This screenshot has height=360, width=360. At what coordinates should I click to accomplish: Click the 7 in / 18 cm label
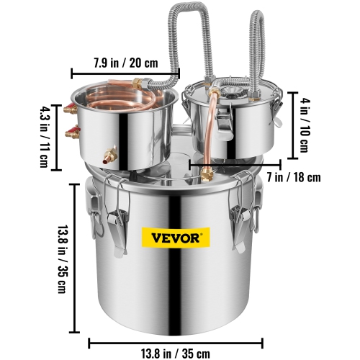[x=274, y=176]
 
